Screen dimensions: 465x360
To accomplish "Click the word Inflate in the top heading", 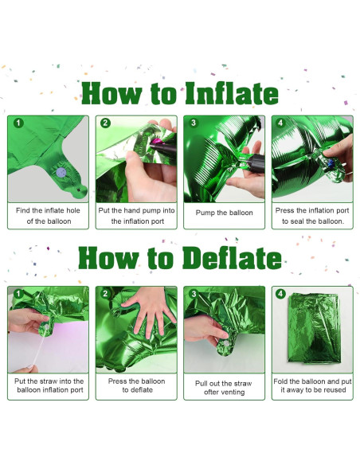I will tap(232, 94).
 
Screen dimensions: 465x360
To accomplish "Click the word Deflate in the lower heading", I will tap(232, 259).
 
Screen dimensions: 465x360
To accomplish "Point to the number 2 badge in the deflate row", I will tap(104, 294).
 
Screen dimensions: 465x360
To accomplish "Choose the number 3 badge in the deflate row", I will tap(193, 294).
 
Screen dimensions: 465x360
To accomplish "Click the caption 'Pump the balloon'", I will tap(224, 213).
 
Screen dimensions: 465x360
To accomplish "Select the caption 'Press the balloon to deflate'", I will tap(136, 385).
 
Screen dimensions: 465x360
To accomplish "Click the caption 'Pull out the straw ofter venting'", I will tap(224, 387).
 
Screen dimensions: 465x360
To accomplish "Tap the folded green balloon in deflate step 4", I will tap(312, 328).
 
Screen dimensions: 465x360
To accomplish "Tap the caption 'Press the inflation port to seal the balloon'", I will tap(312, 216).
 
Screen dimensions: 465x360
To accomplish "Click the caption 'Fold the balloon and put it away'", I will tap(312, 385).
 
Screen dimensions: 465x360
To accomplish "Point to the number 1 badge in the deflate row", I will tap(17, 294).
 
